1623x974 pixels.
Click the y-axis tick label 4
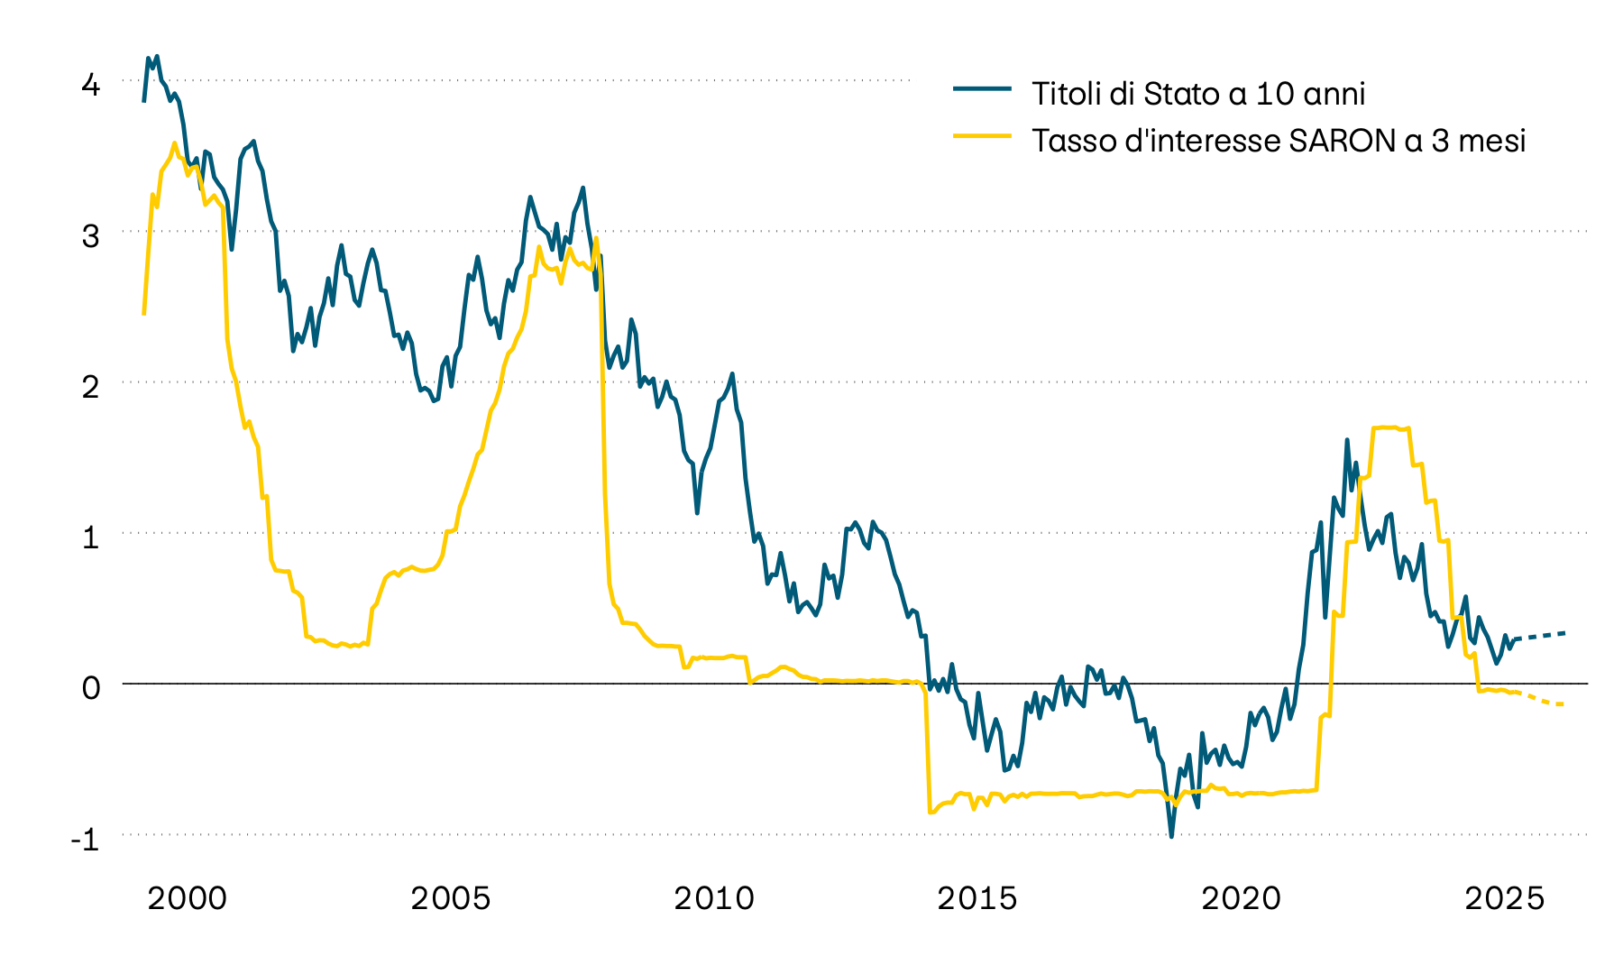pos(90,86)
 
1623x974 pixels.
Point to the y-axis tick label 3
pos(90,236)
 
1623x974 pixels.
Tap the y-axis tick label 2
pos(90,387)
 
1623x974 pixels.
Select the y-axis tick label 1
pos(90,538)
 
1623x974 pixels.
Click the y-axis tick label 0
pos(90,688)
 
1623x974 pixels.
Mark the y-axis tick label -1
pos(85,839)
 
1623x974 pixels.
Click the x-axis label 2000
pos(187,898)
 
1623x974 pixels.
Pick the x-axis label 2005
pos(450,898)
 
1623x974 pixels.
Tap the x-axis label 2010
pos(713,898)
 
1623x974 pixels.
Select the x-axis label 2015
pos(977,898)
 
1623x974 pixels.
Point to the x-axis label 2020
pos(1241,898)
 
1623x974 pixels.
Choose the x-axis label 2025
pos(1504,898)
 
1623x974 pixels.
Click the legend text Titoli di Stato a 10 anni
pos(1198,94)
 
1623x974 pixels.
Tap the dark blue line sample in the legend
pos(982,88)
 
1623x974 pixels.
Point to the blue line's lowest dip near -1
pos(1171,835)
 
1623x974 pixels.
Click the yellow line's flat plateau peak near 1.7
pos(1389,427)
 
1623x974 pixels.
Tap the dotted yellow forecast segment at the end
pos(1544,700)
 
